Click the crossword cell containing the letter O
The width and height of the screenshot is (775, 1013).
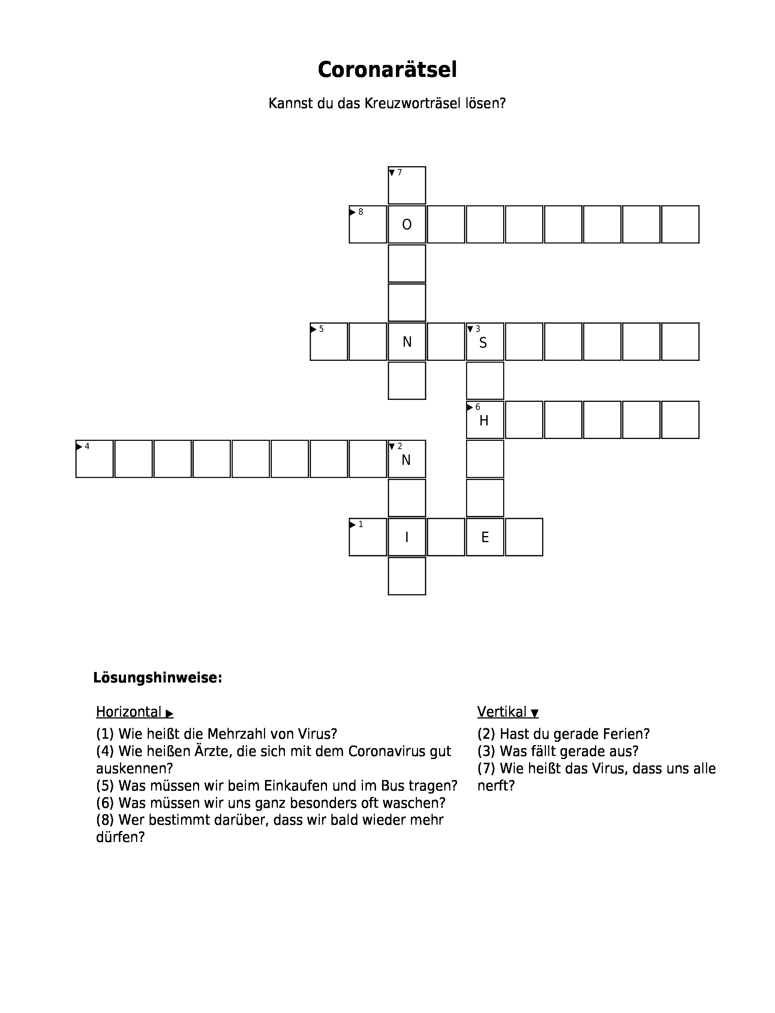tap(407, 224)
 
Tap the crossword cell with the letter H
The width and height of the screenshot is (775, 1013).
tap(485, 420)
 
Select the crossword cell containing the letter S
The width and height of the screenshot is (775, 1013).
tap(485, 342)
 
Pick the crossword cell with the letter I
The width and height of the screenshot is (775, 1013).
tap(407, 537)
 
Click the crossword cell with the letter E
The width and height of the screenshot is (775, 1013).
tap(485, 537)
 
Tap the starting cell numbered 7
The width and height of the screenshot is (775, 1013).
tap(407, 185)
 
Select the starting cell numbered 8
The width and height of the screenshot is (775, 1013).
tap(368, 224)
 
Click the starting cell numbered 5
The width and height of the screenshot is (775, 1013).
tap(329, 342)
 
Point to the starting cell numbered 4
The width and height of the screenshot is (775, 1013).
tap(94, 459)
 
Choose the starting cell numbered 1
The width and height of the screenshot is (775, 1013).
tap(368, 537)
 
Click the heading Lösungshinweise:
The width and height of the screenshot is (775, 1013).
tap(158, 678)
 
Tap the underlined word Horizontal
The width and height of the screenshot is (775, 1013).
tap(129, 712)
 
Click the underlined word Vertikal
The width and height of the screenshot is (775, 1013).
tap(502, 712)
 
